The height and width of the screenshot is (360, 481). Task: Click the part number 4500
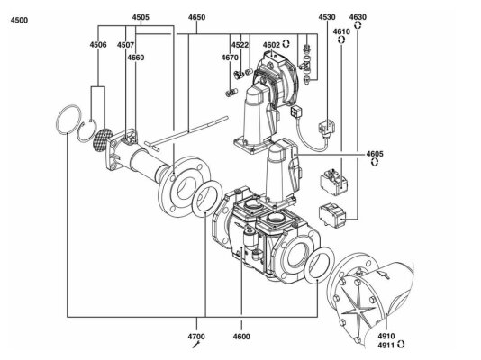(x=19, y=20)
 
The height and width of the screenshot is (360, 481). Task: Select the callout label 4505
(x=141, y=17)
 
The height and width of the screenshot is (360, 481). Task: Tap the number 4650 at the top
(x=196, y=17)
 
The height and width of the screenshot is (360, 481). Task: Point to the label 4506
(x=98, y=45)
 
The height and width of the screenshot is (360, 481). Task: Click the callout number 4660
(x=136, y=58)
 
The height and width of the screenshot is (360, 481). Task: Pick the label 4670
(x=230, y=58)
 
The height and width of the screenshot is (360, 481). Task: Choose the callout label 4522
(x=240, y=45)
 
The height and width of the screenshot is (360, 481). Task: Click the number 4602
(x=271, y=45)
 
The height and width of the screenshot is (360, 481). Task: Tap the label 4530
(x=327, y=17)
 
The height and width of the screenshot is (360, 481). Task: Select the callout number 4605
(x=375, y=154)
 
